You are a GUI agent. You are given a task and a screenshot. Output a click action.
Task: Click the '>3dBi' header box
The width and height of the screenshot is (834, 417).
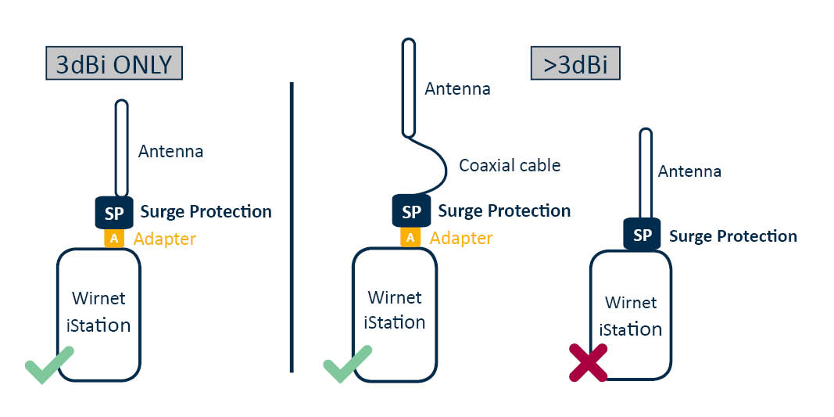[574, 64]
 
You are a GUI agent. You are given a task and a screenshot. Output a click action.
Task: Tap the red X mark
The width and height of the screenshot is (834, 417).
[589, 362]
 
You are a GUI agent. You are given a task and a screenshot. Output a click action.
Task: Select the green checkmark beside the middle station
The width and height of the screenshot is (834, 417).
[347, 365]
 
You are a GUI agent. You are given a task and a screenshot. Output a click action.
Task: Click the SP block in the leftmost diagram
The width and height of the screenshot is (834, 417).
[113, 212]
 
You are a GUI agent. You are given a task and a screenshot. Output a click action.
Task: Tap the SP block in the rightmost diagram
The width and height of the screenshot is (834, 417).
[643, 235]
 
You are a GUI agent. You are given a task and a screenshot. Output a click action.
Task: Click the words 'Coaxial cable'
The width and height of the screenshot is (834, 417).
[510, 166]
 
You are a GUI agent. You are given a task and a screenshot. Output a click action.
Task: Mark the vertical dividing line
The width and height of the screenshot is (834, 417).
[291, 227]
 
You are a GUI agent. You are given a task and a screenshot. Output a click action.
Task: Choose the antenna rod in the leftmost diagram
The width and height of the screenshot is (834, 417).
[122, 149]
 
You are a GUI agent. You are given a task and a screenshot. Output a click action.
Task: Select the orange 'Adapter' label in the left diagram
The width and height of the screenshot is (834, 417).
[164, 239]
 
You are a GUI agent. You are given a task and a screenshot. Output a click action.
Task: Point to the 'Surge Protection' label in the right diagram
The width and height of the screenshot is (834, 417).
[733, 236]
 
